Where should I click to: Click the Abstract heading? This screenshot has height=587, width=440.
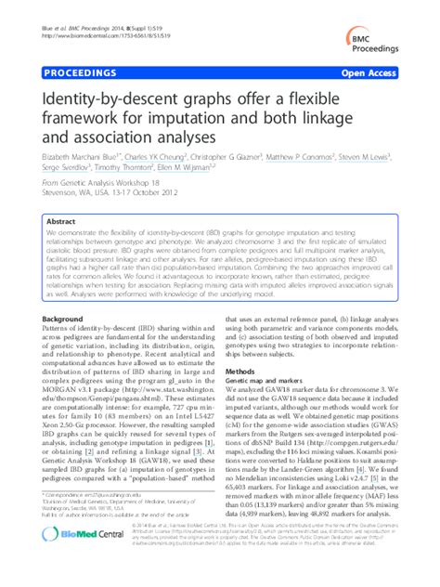pyautogui.click(x=61, y=223)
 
